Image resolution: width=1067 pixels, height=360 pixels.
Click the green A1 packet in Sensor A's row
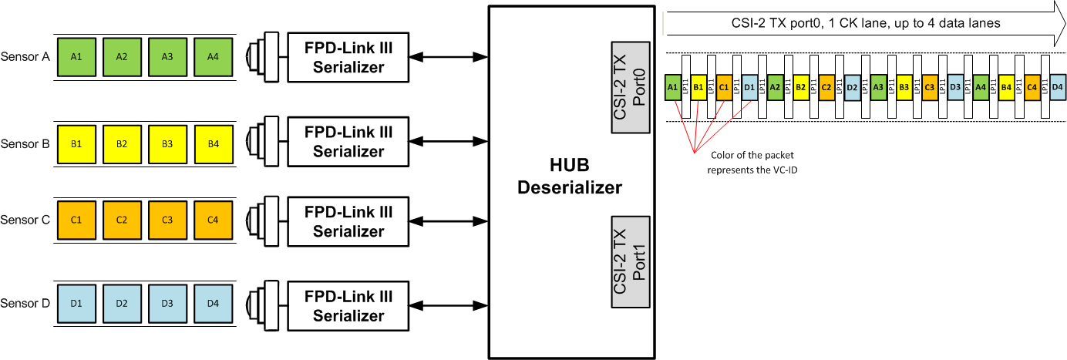pos(76,57)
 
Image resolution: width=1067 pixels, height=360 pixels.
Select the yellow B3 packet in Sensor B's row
pos(167,144)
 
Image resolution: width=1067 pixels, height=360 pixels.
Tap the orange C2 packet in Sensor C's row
pos(122,220)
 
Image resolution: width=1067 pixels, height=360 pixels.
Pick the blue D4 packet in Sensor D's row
pos(213,303)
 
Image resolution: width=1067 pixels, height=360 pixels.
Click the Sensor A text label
pos(25,57)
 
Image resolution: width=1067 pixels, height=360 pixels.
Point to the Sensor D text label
pos(25,303)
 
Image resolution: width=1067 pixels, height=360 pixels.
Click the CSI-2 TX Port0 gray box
pos(631,86)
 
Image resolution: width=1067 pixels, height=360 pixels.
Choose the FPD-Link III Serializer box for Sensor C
pos(348,220)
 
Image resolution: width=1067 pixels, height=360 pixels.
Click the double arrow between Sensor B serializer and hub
pos(448,142)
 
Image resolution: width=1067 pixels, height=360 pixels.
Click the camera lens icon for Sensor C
pos(261,220)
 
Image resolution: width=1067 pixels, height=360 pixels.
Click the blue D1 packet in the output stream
pos(749,87)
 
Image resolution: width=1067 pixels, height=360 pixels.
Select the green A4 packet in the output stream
pos(981,87)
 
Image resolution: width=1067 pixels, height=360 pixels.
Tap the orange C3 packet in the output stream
pos(930,87)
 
